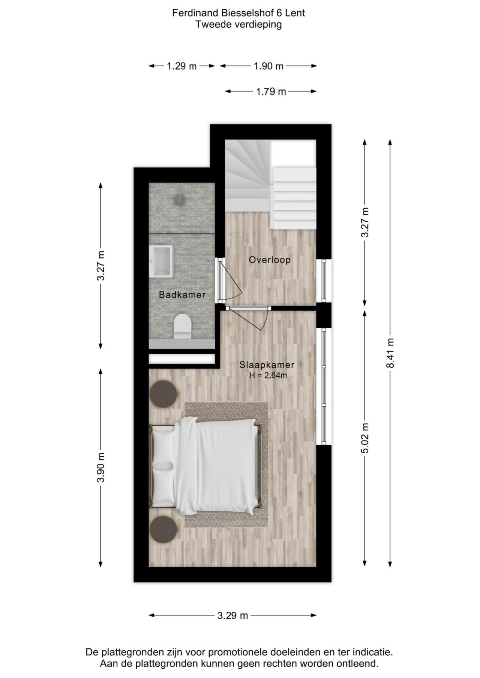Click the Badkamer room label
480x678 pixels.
pyautogui.click(x=182, y=295)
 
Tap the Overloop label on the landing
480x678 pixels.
pyautogui.click(x=270, y=260)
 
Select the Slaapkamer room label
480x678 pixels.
pyautogui.click(x=267, y=364)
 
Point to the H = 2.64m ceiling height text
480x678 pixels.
pyautogui.click(x=268, y=375)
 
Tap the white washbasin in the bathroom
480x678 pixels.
pyautogui.click(x=160, y=261)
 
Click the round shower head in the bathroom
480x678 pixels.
pyautogui.click(x=180, y=200)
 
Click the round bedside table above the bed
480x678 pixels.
pyautogui.click(x=163, y=393)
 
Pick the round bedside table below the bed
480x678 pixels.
pyautogui.click(x=163, y=529)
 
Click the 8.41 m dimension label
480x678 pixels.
pyautogui.click(x=390, y=353)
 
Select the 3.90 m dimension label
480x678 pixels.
pyautogui.click(x=100, y=467)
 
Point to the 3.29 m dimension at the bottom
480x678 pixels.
pyautogui.click(x=232, y=615)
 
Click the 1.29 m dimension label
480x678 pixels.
pyautogui.click(x=181, y=66)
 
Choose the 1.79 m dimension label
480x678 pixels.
pyautogui.click(x=271, y=91)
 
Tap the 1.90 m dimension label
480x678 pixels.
pyautogui.click(x=268, y=66)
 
